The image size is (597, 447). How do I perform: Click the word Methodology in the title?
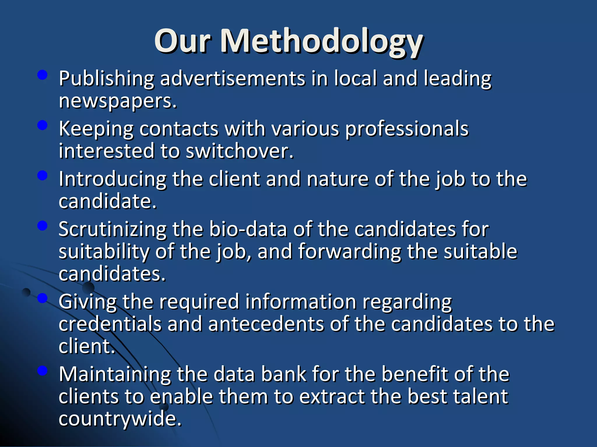coord(321,41)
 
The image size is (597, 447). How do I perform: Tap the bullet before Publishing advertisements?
coord(43,75)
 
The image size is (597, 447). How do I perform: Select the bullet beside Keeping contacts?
coord(43,125)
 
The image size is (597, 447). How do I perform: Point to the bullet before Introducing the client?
coord(43,175)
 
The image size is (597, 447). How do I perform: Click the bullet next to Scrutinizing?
coord(43,226)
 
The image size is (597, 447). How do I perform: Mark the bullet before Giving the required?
coord(43,298)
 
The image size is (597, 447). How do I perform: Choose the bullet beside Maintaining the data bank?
coord(43,370)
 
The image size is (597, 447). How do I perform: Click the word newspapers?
coord(117,101)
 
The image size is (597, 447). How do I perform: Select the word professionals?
coord(407,129)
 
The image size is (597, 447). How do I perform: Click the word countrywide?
coord(120,419)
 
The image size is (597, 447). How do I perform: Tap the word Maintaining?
coord(115,374)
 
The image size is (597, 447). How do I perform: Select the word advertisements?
coord(233,79)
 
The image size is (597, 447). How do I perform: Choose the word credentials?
coord(110,324)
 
